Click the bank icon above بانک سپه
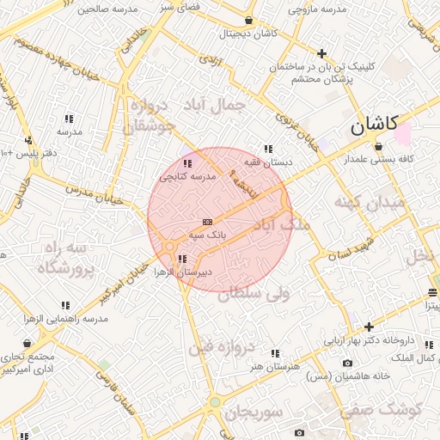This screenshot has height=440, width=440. (206, 222)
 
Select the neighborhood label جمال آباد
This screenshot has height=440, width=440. (215, 105)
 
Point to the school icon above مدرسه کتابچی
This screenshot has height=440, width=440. (187, 163)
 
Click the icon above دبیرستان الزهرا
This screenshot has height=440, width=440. (180, 259)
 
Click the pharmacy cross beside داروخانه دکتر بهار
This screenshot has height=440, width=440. (369, 327)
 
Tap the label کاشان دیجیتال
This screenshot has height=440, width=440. (247, 34)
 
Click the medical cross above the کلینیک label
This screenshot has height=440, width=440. (321, 53)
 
